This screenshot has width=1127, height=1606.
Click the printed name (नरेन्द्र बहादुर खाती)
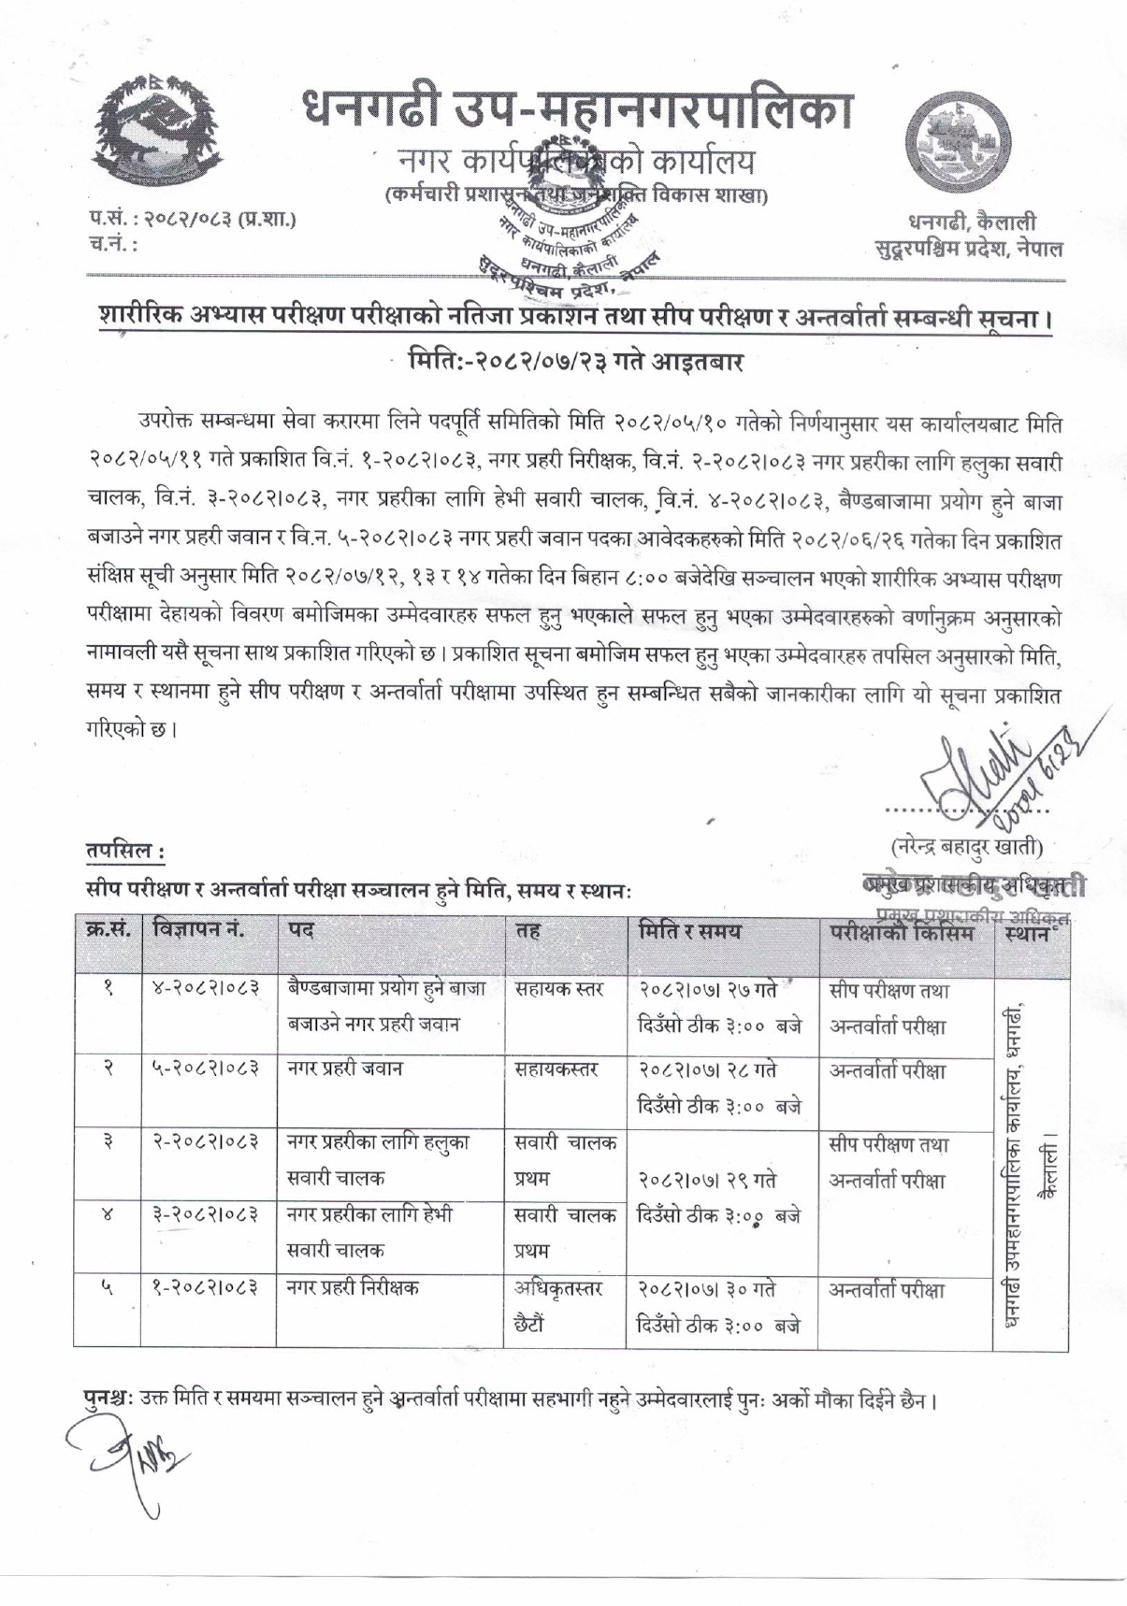click(965, 847)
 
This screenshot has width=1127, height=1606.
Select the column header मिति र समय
click(689, 931)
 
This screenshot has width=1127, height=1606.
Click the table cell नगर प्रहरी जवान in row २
click(345, 1068)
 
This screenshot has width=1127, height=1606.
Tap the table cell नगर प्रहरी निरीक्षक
click(354, 1287)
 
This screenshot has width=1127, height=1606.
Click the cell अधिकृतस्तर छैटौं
click(558, 1305)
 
